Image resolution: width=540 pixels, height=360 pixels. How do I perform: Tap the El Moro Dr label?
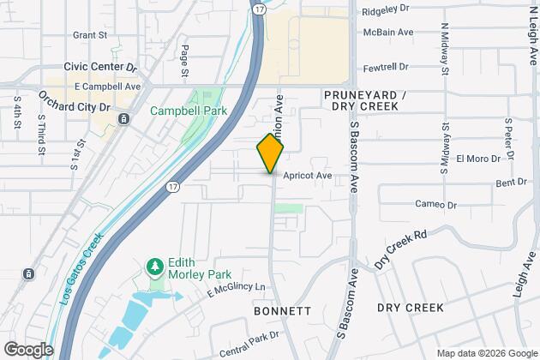click(472, 159)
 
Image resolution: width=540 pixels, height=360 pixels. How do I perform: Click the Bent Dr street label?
click(511, 183)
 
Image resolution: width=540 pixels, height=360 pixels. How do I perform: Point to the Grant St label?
click(89, 35)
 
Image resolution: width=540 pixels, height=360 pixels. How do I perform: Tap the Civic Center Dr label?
click(99, 65)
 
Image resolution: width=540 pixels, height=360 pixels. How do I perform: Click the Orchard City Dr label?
click(75, 107)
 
